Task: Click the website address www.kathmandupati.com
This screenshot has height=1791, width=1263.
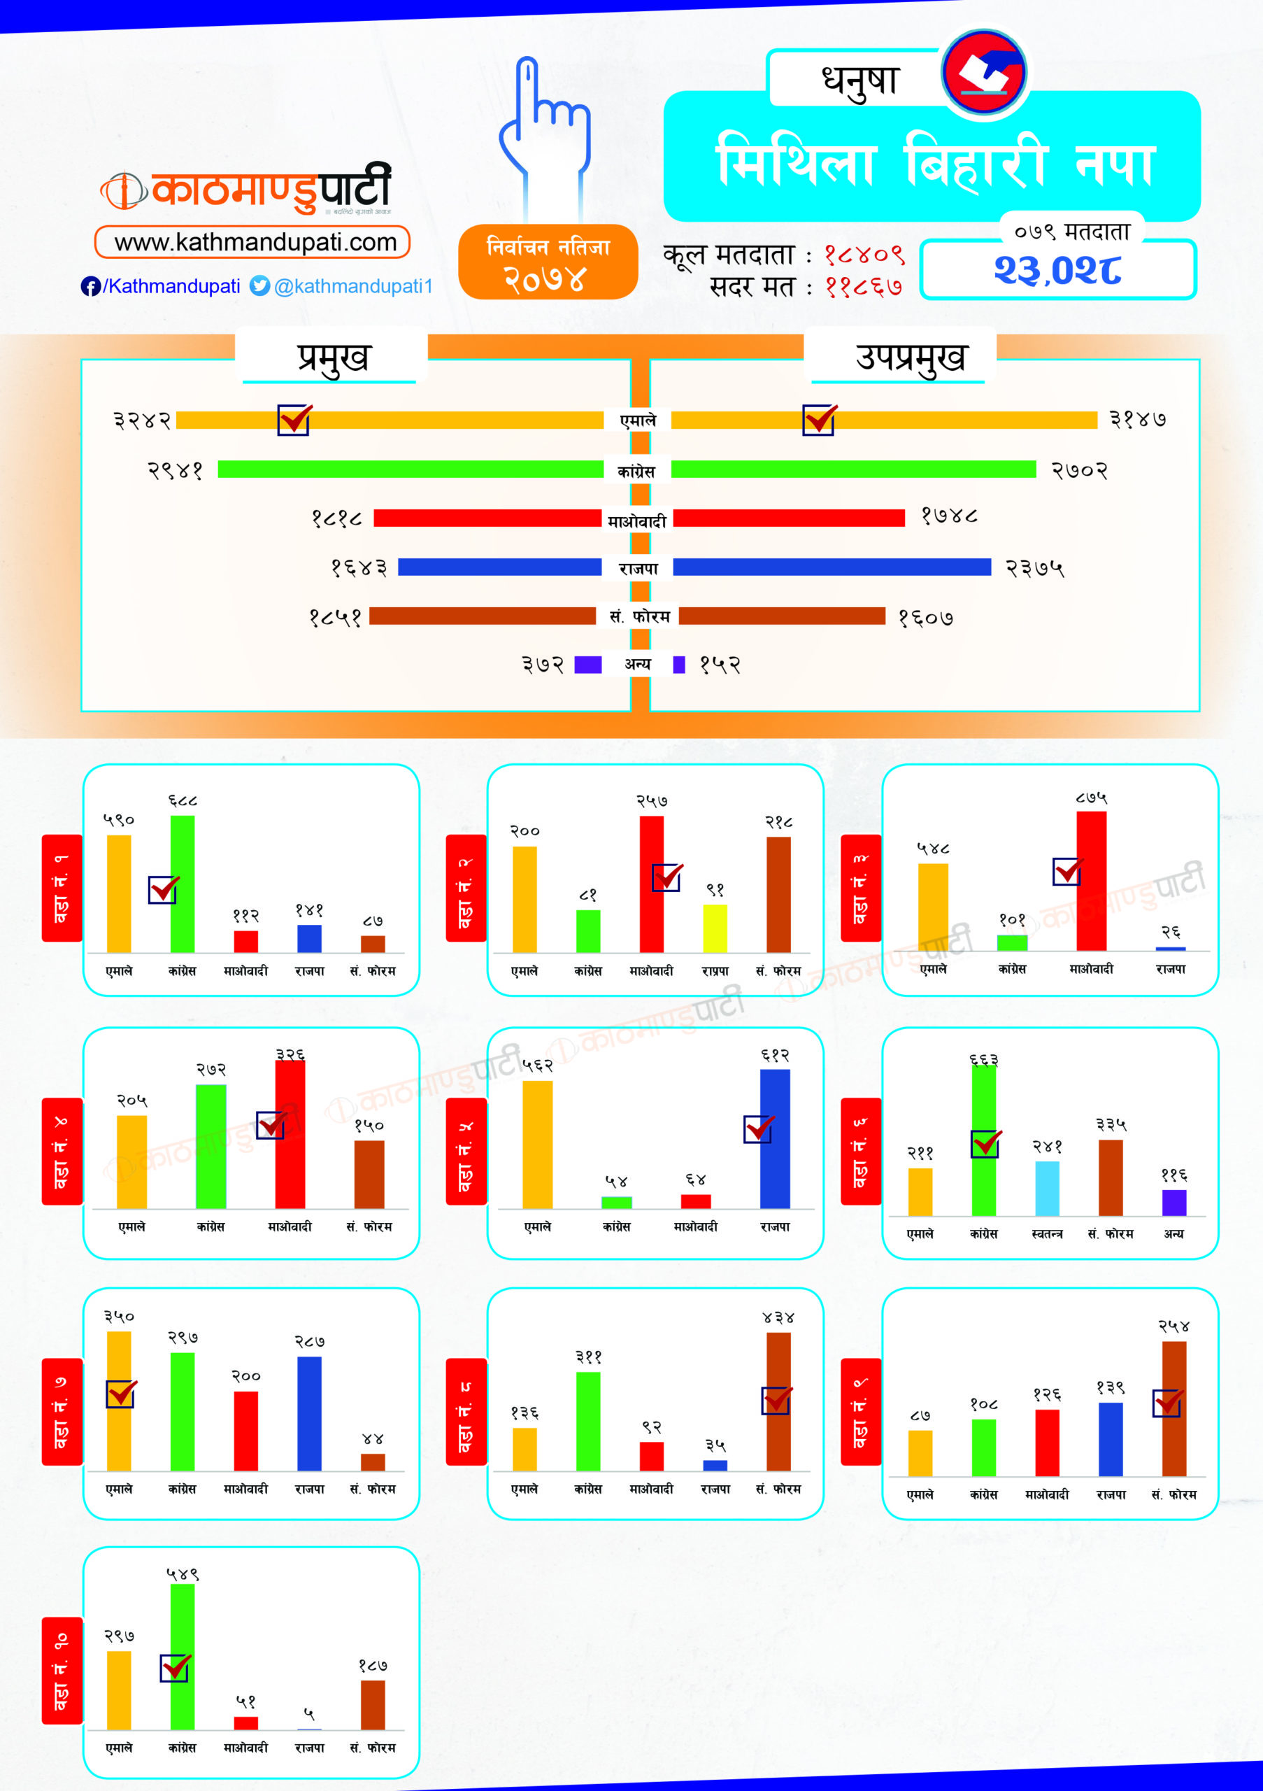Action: click(x=255, y=243)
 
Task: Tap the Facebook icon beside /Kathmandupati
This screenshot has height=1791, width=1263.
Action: click(x=90, y=286)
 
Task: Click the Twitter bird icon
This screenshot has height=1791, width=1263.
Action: click(x=259, y=286)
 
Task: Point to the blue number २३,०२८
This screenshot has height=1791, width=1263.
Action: click(x=1057, y=270)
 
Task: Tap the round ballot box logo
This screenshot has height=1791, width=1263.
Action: click(x=984, y=72)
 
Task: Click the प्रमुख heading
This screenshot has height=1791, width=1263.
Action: click(x=332, y=358)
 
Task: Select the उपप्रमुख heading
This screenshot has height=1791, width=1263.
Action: click(x=910, y=358)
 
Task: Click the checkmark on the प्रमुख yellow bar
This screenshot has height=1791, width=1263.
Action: click(x=294, y=420)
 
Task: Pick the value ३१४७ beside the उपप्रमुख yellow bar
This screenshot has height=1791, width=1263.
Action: click(x=1138, y=420)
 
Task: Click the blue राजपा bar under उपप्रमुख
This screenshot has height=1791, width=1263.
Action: click(x=831, y=567)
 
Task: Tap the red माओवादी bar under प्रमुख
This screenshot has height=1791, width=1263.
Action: click(x=487, y=518)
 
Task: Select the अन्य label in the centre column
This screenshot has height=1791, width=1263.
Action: click(x=638, y=664)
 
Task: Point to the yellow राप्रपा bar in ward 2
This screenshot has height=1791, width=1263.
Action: click(x=715, y=928)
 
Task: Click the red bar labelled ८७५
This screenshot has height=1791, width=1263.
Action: click(x=1091, y=882)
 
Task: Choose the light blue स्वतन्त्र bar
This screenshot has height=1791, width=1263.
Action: click(x=1047, y=1188)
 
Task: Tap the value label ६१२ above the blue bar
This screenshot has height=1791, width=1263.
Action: click(x=775, y=1056)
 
